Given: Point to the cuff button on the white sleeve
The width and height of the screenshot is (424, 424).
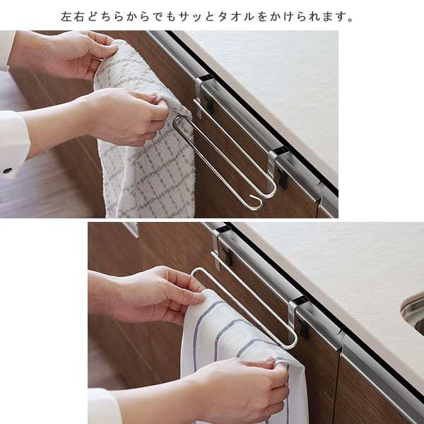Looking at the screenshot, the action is (x=7, y=171).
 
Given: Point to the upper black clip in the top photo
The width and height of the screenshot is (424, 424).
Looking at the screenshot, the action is (x=209, y=105).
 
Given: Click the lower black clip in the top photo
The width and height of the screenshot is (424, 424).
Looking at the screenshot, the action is (x=283, y=179).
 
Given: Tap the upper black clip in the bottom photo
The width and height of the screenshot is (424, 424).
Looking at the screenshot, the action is (x=228, y=257).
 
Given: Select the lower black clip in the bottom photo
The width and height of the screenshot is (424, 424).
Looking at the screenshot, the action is (x=304, y=329).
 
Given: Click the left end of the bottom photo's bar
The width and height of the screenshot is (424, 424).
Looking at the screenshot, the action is (x=193, y=273).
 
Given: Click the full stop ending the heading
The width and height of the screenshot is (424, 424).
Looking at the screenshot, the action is (x=351, y=20).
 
